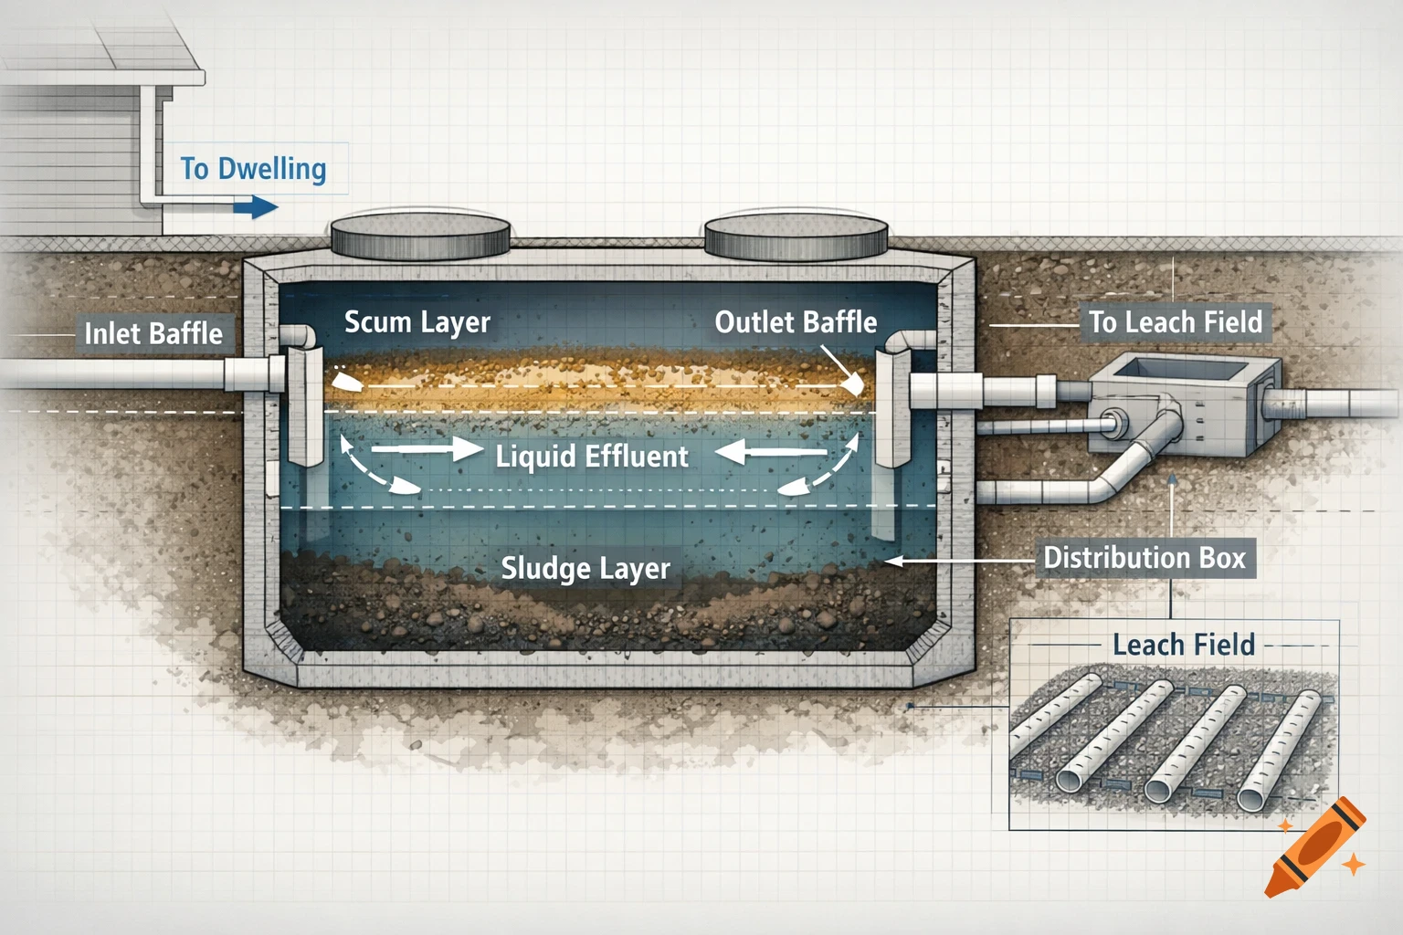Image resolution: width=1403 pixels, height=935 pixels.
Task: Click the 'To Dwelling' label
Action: tap(253, 169)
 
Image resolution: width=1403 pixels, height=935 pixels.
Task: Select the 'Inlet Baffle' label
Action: tap(153, 334)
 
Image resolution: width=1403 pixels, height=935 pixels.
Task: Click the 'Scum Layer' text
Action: tap(417, 322)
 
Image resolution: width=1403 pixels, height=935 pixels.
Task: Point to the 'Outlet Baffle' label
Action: tap(795, 322)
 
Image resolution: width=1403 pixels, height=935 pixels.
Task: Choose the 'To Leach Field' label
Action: tap(1175, 322)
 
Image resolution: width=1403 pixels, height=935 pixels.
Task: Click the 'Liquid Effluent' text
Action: tap(591, 456)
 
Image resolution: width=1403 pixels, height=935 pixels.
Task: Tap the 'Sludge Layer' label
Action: tap(585, 568)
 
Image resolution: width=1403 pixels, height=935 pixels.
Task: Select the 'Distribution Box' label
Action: tap(1145, 558)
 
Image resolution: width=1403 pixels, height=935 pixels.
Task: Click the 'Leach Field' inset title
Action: tap(1183, 646)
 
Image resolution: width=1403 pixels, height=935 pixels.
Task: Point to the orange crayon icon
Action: tap(1315, 847)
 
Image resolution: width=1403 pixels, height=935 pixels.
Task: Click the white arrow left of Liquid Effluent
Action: tap(426, 449)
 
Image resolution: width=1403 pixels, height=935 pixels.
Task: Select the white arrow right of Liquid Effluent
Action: tap(772, 451)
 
